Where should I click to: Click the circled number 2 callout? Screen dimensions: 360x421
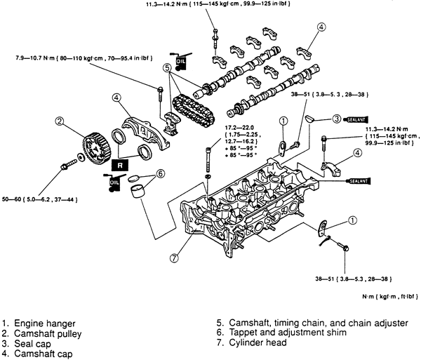61,121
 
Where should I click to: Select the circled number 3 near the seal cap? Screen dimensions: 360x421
337,118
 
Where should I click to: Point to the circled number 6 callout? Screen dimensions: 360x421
160,173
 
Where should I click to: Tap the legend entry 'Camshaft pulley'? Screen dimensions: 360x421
53,334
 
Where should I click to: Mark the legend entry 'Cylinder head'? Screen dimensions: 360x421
257,344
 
